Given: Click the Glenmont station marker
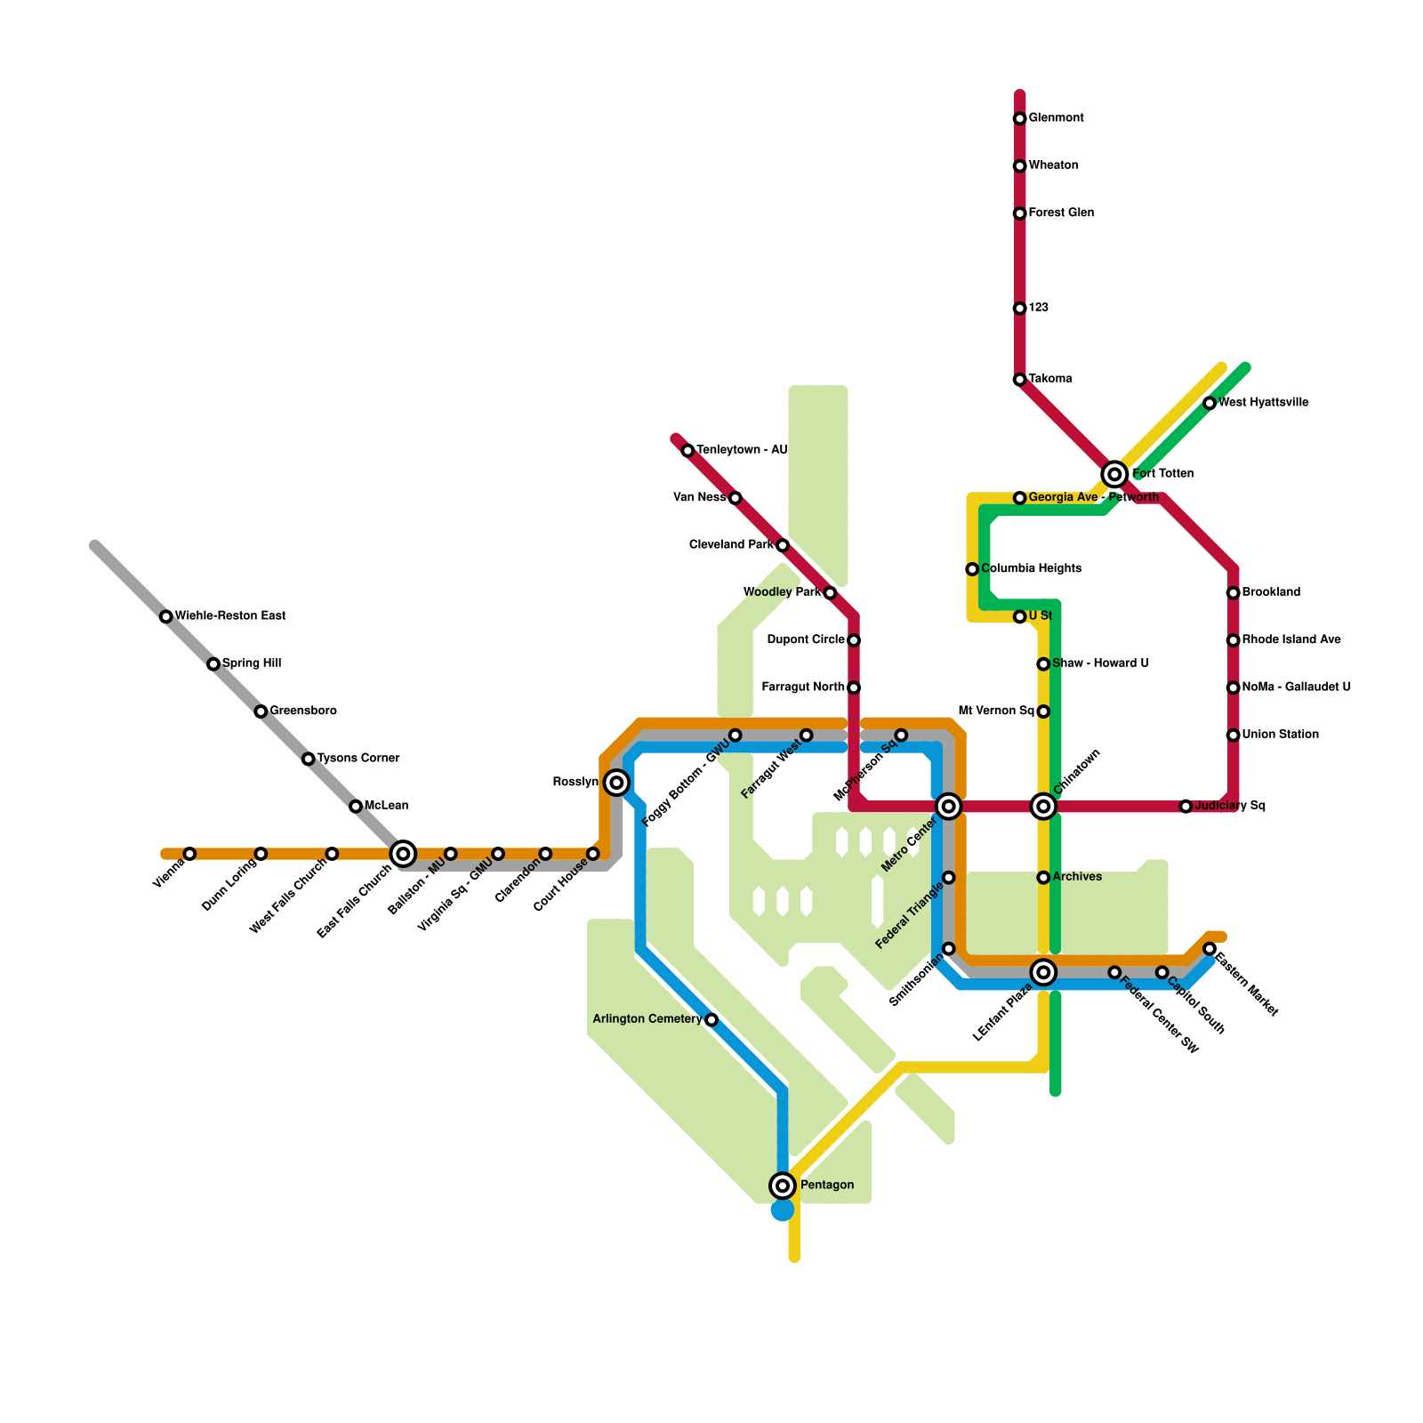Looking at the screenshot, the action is pyautogui.click(x=1019, y=119).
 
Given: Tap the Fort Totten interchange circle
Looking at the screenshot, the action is pyautogui.click(x=1114, y=474).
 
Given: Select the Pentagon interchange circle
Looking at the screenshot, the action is pyautogui.click(x=783, y=1185).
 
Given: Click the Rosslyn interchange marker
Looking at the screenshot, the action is pyautogui.click(x=616, y=783).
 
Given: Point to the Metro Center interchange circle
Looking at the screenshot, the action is pyautogui.click(x=949, y=807).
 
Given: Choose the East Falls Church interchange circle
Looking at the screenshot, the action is pyautogui.click(x=403, y=854).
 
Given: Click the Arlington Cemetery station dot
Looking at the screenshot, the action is pyautogui.click(x=711, y=1019).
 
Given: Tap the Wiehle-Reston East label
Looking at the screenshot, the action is pyautogui.click(x=229, y=616).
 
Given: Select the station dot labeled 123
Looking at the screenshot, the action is pyautogui.click(x=1019, y=309).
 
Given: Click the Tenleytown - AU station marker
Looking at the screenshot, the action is pyautogui.click(x=687, y=451).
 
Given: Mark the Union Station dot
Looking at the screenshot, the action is pyautogui.click(x=1233, y=736).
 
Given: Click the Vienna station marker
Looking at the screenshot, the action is pyautogui.click(x=189, y=854).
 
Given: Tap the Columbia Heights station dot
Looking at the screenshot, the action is pyautogui.click(x=972, y=569).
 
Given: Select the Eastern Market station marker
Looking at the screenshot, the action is pyautogui.click(x=1210, y=949).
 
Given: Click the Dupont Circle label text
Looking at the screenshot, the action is pyautogui.click(x=805, y=640).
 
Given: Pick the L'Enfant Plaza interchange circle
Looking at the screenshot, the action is pyautogui.click(x=1043, y=972).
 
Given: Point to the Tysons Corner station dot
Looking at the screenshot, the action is pyautogui.click(x=308, y=759).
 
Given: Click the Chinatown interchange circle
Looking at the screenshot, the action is pyautogui.click(x=1043, y=807).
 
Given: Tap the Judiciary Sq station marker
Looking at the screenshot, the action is pyautogui.click(x=1186, y=807).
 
